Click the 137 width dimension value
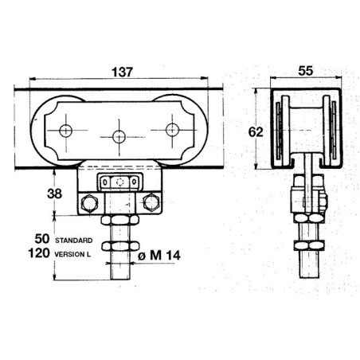pos(122,72)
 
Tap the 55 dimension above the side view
pos(306,71)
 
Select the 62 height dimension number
pos(256,132)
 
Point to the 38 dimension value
pos(54,194)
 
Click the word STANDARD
pos(74,241)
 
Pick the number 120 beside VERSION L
pos(39,253)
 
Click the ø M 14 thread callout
pos(159,256)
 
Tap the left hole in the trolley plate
pos(65,131)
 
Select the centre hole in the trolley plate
pos(119,137)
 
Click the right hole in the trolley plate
pos(172,130)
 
